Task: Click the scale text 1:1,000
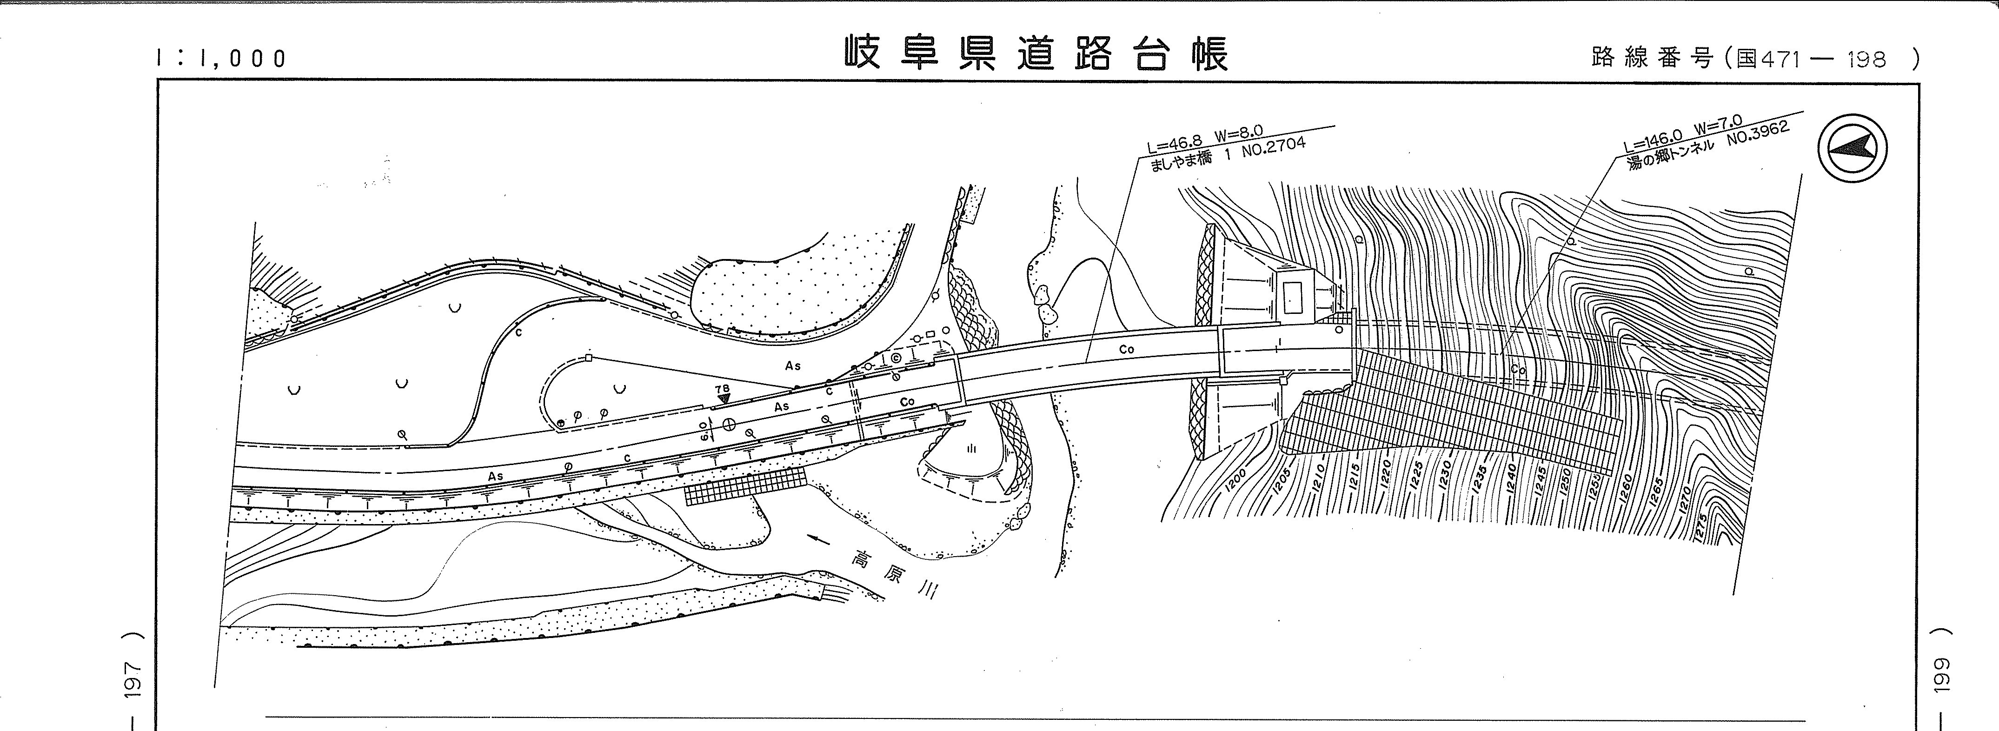(222, 58)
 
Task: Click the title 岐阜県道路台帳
(1037, 54)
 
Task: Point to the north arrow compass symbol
(1853, 148)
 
